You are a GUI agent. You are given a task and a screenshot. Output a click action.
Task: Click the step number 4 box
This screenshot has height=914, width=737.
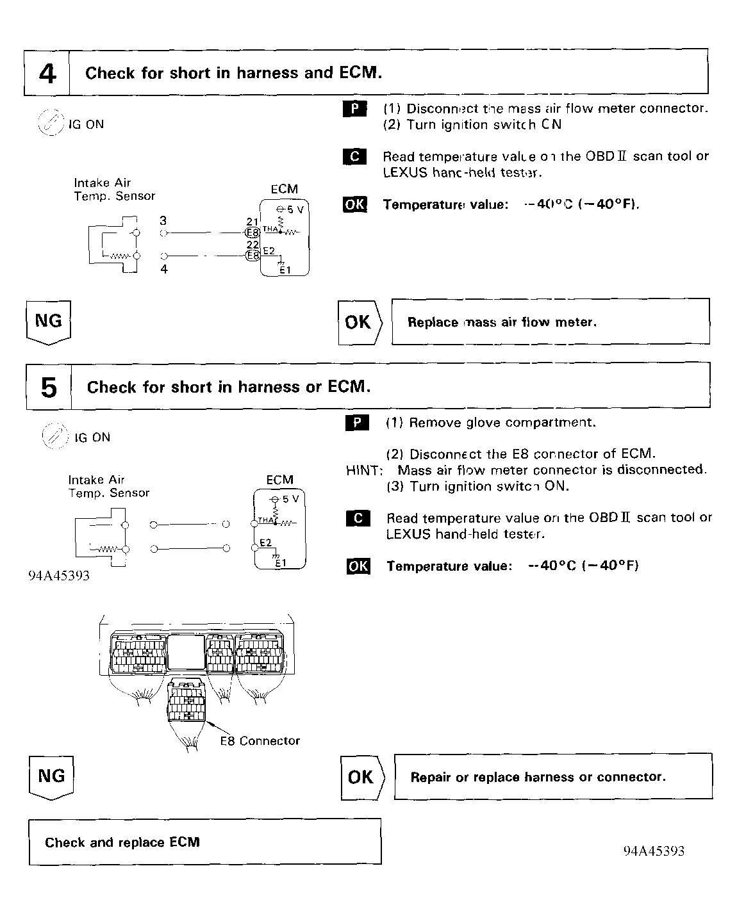(47, 73)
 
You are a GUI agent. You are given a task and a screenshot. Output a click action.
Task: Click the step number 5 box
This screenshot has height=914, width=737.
(49, 387)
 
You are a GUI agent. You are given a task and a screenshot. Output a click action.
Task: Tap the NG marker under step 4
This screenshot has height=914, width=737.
(49, 322)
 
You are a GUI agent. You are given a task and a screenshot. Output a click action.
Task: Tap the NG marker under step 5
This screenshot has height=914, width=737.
(51, 776)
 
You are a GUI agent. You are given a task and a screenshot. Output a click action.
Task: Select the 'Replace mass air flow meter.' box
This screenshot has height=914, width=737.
(551, 322)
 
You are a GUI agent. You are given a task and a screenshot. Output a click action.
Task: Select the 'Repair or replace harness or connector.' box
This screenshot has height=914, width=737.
(553, 776)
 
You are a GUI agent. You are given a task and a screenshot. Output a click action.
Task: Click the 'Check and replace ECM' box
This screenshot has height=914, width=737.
(205, 842)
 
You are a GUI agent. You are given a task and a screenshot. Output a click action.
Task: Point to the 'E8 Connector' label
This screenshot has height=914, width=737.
(260, 741)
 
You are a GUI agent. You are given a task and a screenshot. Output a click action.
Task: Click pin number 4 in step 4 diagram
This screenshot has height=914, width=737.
(164, 270)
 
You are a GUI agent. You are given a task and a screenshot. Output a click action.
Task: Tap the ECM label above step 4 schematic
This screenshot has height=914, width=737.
(284, 189)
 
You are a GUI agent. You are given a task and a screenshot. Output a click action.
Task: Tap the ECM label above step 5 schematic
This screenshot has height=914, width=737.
(279, 480)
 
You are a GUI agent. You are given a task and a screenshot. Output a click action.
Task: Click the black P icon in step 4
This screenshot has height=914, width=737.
(355, 109)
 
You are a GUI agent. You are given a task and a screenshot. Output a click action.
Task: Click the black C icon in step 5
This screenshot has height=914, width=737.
(358, 518)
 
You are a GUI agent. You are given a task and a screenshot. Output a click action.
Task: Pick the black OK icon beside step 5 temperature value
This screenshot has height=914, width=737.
(358, 566)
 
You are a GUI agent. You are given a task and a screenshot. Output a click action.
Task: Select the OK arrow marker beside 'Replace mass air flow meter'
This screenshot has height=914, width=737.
(360, 322)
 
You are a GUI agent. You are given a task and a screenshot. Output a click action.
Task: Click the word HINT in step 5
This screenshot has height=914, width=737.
(364, 470)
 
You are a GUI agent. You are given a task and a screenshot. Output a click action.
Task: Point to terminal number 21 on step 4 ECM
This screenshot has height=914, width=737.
(252, 222)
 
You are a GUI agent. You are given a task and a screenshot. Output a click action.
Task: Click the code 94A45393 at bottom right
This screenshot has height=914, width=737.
(654, 851)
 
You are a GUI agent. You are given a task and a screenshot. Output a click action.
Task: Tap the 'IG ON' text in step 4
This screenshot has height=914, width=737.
(87, 124)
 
